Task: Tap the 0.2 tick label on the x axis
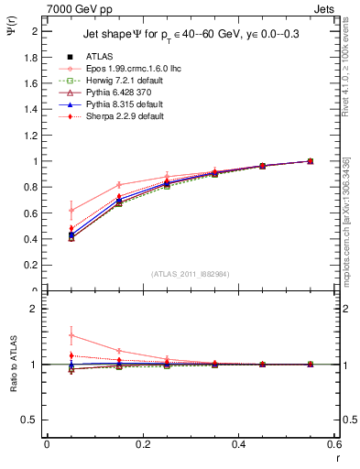click(142, 445)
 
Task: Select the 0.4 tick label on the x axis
click(238, 445)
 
